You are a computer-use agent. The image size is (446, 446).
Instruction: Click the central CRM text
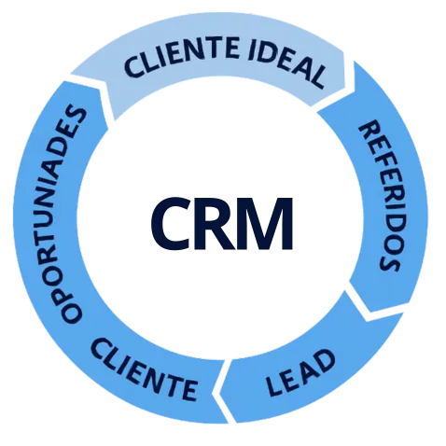pyautogui.click(x=221, y=223)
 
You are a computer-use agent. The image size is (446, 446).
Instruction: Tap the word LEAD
pyautogui.click(x=300, y=372)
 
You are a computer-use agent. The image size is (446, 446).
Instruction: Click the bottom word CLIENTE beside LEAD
pyautogui.click(x=144, y=370)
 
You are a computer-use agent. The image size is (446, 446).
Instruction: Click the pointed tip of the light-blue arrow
pyautogui.click(x=355, y=92)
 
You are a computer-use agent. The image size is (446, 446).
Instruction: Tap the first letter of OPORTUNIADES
pyautogui.click(x=72, y=312)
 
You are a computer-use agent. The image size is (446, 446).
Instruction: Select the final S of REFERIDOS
pyautogui.click(x=388, y=263)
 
